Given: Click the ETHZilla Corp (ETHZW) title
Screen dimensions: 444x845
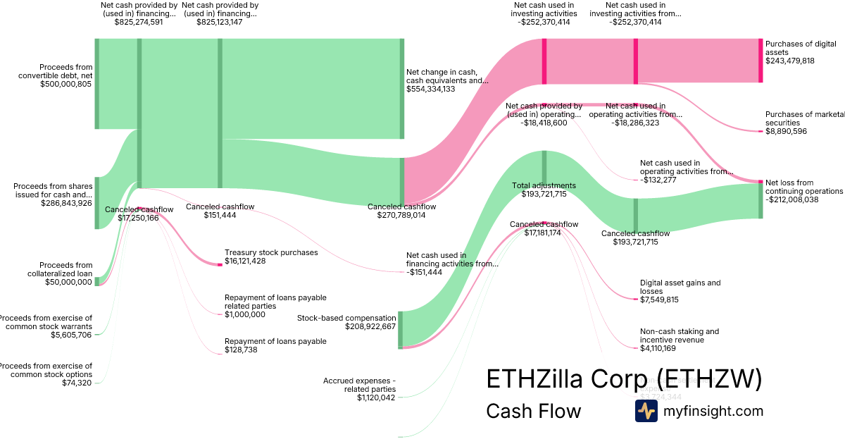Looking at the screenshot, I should tap(624, 379).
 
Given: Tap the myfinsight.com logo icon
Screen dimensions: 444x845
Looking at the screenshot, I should tap(646, 411).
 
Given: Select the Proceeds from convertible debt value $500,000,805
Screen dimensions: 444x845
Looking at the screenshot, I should tap(65, 84).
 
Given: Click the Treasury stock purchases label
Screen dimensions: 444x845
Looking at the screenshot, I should tap(271, 252).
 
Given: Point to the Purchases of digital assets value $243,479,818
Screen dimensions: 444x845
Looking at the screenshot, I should tap(790, 61).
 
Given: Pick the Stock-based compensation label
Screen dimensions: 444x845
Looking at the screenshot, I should tap(346, 318).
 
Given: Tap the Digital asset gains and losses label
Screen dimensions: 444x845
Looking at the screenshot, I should tap(680, 287).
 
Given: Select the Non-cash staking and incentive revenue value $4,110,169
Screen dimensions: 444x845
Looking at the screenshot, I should tap(658, 348).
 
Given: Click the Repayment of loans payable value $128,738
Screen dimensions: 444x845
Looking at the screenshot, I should tap(245, 350).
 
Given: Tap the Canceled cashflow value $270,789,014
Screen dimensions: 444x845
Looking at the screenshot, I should tap(401, 215).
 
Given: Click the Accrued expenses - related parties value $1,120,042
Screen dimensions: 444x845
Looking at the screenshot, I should tap(376, 397).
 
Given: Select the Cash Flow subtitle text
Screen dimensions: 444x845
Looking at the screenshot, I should tap(533, 411).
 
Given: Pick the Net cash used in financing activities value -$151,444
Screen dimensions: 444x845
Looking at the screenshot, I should tap(424, 272).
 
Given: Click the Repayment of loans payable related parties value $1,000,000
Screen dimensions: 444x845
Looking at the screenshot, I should tap(245, 314).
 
